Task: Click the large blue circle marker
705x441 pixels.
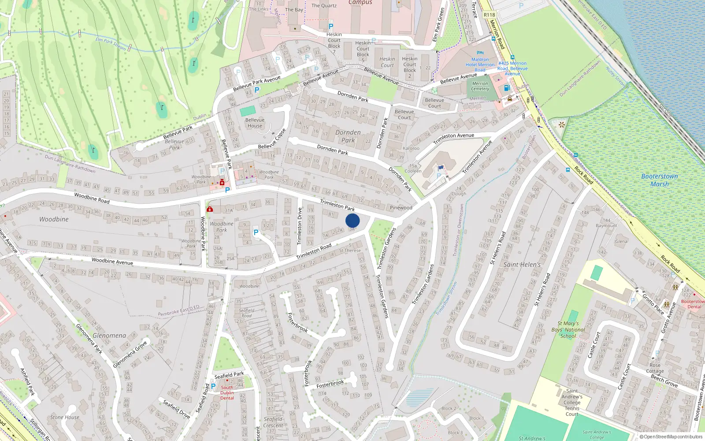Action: pos(352,220)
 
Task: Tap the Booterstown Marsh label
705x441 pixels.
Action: pos(659,180)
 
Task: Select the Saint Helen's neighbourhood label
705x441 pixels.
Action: pos(522,265)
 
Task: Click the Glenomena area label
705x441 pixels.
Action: pos(109,336)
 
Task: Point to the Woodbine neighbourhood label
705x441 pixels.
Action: pos(54,219)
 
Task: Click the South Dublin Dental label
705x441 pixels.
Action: pos(227,393)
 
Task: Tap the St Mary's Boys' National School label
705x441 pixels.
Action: pos(568,329)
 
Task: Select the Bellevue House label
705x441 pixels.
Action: pos(255,123)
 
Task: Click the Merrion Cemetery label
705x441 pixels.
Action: pos(480,86)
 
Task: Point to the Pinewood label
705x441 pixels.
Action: pos(401,208)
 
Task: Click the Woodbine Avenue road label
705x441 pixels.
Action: pos(112,262)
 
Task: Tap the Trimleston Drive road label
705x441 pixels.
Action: pos(300,226)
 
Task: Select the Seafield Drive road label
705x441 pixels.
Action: pos(176,409)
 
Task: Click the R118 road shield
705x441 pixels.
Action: pos(489,15)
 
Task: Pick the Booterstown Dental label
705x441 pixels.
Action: pos(694,304)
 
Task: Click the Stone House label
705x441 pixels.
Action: pos(65,417)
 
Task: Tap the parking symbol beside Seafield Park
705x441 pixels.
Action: pos(213,386)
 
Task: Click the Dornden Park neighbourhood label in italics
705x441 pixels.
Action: pos(348,136)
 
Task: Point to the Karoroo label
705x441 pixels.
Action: pos(411,148)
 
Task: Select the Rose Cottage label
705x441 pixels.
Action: pos(655,368)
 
